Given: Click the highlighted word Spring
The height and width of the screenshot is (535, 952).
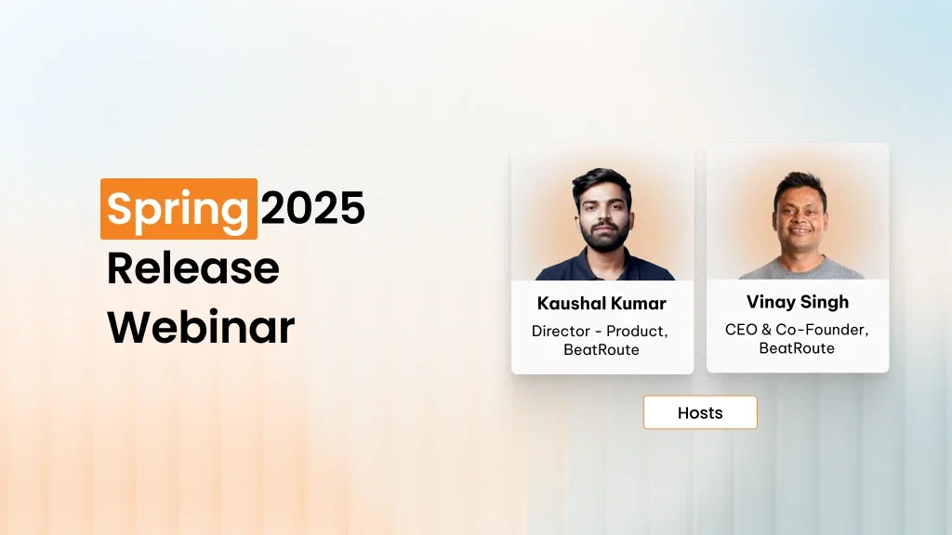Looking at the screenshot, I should (x=178, y=209).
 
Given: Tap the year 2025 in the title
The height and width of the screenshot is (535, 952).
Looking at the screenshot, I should (x=312, y=209).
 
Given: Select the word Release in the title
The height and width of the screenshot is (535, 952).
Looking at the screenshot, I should (x=192, y=268).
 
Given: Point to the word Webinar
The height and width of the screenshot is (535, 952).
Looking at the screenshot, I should (x=201, y=327).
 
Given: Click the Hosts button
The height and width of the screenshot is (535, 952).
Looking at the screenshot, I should (x=700, y=412).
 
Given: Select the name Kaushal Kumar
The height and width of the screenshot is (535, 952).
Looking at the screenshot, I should (x=602, y=304).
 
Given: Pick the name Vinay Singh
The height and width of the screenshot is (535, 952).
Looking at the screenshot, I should (x=797, y=302).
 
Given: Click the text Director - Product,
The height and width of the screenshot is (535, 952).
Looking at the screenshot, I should (x=601, y=331).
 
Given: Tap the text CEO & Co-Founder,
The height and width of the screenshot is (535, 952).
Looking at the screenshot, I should (x=797, y=330).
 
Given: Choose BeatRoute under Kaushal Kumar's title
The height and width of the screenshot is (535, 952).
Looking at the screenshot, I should (x=601, y=350).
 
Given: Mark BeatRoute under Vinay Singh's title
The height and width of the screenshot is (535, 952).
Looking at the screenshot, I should (x=797, y=348).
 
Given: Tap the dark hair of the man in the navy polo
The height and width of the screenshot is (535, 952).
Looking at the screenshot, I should (x=602, y=181).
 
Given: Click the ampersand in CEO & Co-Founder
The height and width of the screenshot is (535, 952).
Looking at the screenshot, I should (x=767, y=330).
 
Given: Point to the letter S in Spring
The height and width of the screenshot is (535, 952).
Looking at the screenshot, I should (x=119, y=209).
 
